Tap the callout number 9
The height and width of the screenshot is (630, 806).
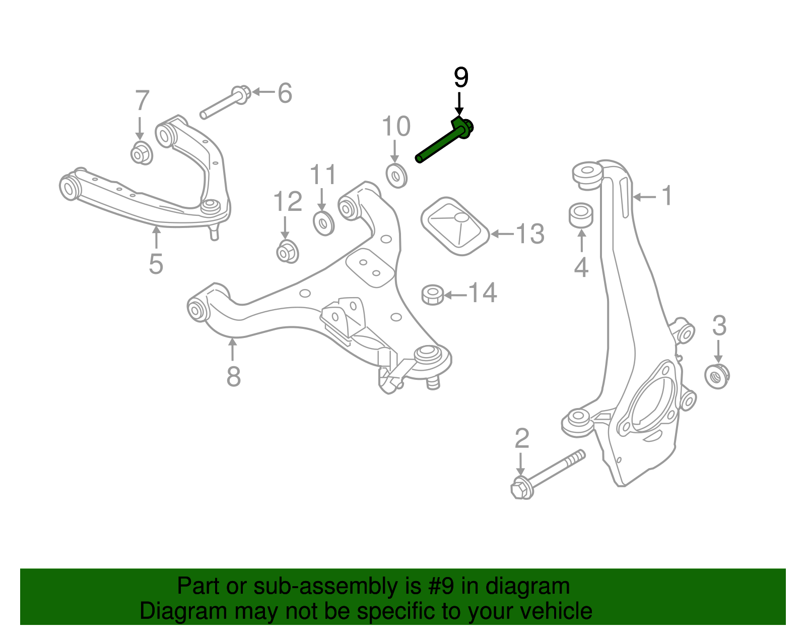(461, 78)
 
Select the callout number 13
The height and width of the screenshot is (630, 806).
(529, 234)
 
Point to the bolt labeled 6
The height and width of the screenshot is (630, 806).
(225, 104)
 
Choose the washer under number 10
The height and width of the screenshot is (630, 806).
(396, 176)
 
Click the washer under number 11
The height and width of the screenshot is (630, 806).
(323, 223)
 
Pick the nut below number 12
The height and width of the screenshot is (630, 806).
(287, 251)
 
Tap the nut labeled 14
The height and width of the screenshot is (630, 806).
(432, 294)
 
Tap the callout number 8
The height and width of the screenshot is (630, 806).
(233, 376)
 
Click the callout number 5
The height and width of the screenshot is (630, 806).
(156, 264)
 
